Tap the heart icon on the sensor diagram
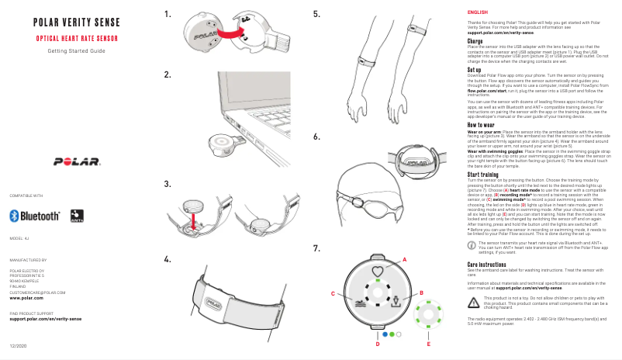click(x=377, y=272)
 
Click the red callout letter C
click(x=333, y=294)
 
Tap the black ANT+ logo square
click(x=76, y=215)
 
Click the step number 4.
click(x=168, y=258)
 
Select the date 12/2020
click(x=18, y=344)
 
